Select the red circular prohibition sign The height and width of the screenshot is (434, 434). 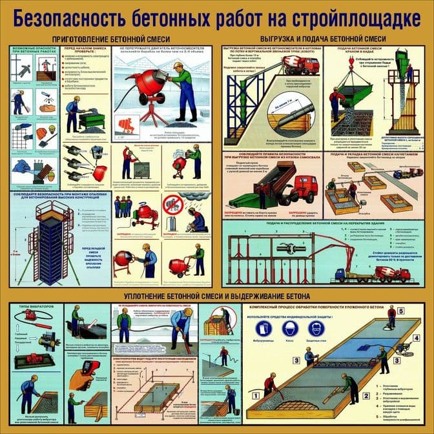tap(172, 203)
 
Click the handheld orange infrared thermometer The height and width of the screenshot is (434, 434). tap(88, 369)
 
